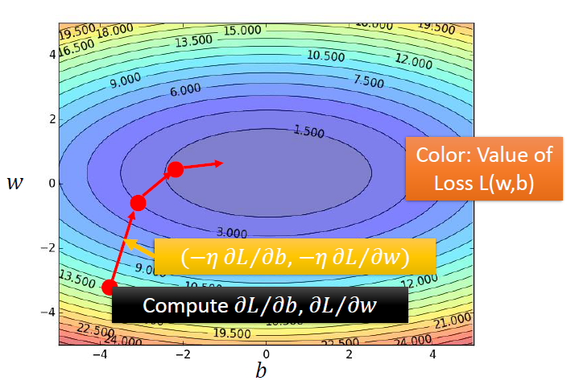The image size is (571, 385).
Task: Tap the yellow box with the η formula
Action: tap(296, 257)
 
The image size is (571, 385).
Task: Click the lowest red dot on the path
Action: tap(110, 287)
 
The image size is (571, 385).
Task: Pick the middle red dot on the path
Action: tap(137, 202)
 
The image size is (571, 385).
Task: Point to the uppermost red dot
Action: tap(175, 169)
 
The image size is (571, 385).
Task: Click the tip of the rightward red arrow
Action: tap(223, 163)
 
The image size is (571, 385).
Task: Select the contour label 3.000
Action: tap(232, 233)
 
